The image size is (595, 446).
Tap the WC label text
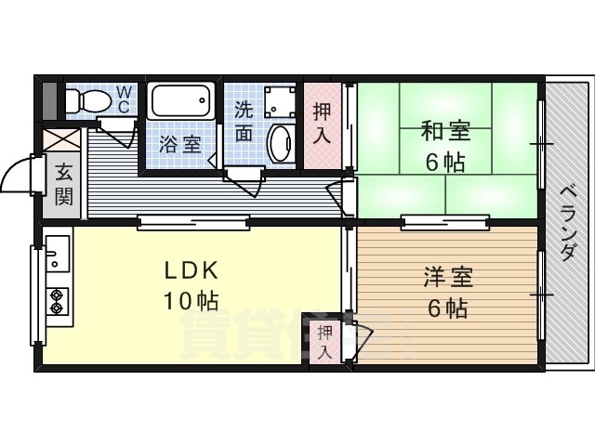point(124,98)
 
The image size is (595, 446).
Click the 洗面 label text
point(244,120)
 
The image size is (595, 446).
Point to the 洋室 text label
point(446,276)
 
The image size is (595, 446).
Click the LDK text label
point(191,270)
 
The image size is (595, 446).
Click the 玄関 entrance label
point(63,184)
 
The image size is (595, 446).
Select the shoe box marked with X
point(63,140)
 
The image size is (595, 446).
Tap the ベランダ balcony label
point(568,222)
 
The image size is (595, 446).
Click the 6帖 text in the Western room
point(446,308)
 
